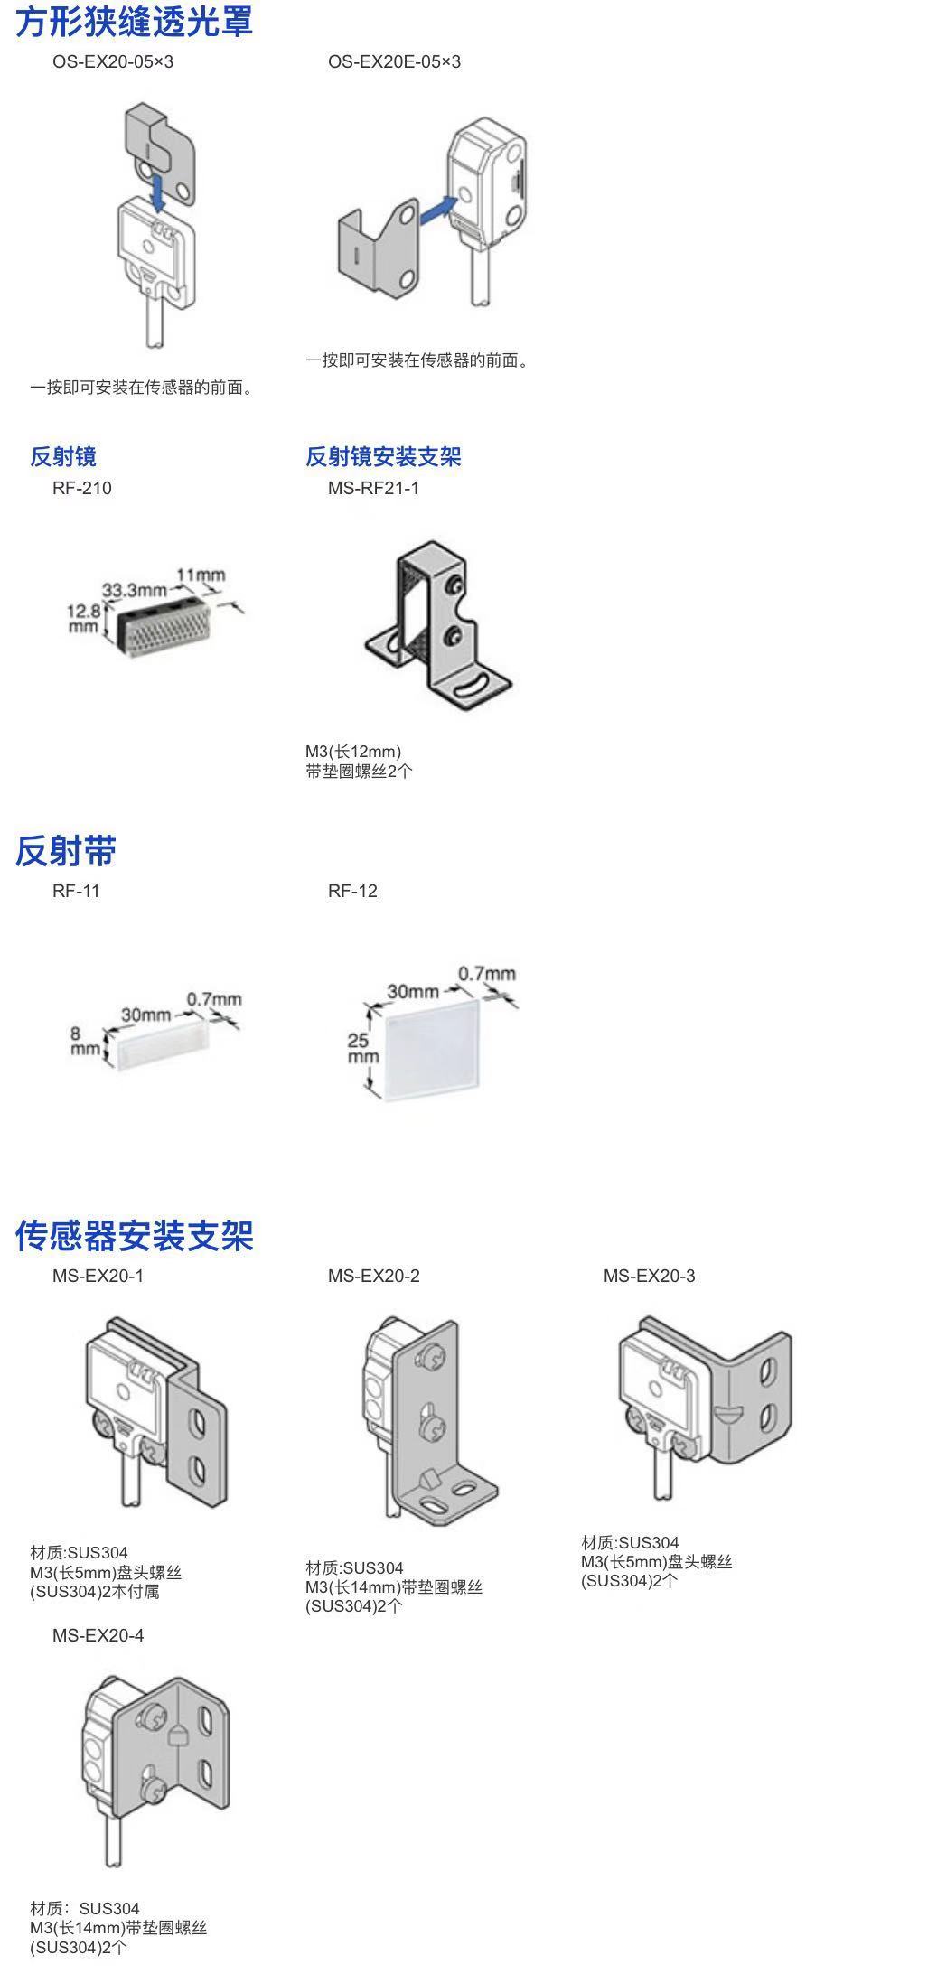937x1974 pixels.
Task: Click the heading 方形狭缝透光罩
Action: (x=134, y=22)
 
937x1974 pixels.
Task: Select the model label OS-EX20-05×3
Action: (x=113, y=62)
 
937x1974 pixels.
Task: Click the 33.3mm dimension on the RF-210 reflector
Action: (x=134, y=591)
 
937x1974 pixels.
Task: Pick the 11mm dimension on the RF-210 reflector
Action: (x=201, y=575)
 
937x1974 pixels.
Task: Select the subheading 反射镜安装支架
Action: (x=383, y=457)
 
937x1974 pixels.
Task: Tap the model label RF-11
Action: (x=76, y=891)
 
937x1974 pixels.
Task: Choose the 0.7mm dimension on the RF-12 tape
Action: (x=486, y=973)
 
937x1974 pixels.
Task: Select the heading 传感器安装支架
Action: (x=134, y=1236)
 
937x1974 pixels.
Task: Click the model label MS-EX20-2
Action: (x=373, y=1276)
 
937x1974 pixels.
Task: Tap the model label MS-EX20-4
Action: (x=98, y=1635)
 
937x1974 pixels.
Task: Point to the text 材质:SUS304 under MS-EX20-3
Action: (x=630, y=1542)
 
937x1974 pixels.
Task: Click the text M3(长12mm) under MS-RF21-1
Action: (x=353, y=752)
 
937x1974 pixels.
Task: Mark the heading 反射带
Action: (x=66, y=851)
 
